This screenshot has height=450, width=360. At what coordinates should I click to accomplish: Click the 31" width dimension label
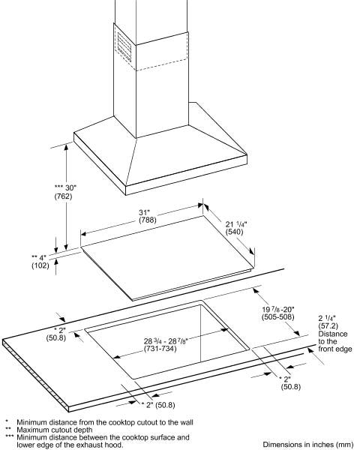pyautogui.click(x=145, y=213)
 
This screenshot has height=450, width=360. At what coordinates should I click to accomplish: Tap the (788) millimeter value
pyautogui.click(x=148, y=220)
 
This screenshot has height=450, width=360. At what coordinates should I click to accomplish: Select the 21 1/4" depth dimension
pyautogui.click(x=236, y=224)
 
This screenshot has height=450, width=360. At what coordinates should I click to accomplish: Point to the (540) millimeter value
pyautogui.click(x=235, y=232)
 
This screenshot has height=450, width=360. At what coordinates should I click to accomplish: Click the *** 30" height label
pyautogui.click(x=66, y=188)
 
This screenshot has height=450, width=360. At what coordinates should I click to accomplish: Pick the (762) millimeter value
pyautogui.click(x=63, y=196)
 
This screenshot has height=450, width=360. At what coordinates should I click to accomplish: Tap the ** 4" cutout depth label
pyautogui.click(x=39, y=257)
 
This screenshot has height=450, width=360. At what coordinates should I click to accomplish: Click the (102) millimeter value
pyautogui.click(x=40, y=265)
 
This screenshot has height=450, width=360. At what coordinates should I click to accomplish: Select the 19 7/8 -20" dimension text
pyautogui.click(x=278, y=309)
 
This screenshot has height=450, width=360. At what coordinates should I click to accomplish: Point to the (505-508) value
pyautogui.click(x=278, y=316)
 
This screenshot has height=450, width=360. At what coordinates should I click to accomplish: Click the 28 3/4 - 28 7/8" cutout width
pyautogui.click(x=166, y=341)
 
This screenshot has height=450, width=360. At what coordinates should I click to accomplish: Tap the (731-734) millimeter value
pyautogui.click(x=160, y=349)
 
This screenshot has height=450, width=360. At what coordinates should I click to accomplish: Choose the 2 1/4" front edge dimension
pyautogui.click(x=327, y=318)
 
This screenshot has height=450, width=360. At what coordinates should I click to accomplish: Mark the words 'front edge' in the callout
pyautogui.click(x=335, y=349)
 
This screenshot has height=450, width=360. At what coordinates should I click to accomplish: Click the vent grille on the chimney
pyautogui.click(x=124, y=46)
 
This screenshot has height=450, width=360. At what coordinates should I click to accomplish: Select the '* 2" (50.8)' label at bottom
pyautogui.click(x=158, y=405)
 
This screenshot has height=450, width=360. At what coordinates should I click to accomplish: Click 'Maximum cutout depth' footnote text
pyautogui.click(x=55, y=430)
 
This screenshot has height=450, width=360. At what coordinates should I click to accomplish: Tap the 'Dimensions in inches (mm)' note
pyautogui.click(x=308, y=445)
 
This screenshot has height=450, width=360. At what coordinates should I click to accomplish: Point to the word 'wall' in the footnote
pyautogui.click(x=186, y=422)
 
